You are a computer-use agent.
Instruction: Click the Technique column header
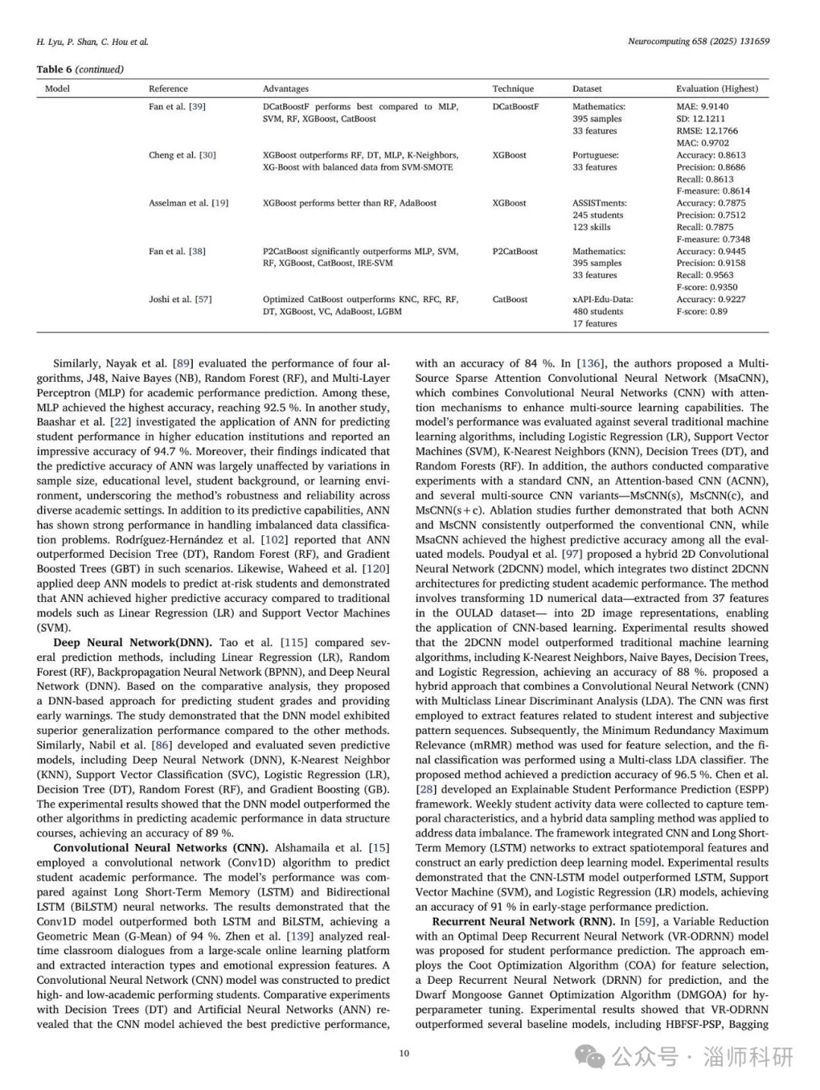pyautogui.click(x=512, y=89)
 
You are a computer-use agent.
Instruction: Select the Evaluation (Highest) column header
pyautogui.click(x=717, y=89)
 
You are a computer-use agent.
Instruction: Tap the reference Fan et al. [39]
pyautogui.click(x=177, y=107)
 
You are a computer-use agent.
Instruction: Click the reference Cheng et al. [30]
pyautogui.click(x=182, y=155)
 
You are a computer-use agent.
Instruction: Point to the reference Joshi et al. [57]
pyautogui.click(x=180, y=299)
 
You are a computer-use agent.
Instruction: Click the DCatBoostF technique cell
pyautogui.click(x=516, y=107)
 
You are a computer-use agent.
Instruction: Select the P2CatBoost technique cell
pyautogui.click(x=515, y=251)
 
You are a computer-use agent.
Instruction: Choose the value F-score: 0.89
pyautogui.click(x=702, y=311)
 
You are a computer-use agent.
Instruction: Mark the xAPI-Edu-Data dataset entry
pyautogui.click(x=603, y=299)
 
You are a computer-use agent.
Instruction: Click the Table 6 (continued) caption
pyautogui.click(x=80, y=69)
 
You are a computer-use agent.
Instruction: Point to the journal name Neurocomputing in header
pyautogui.click(x=658, y=42)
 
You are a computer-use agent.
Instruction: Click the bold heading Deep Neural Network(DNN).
pyautogui.click(x=133, y=643)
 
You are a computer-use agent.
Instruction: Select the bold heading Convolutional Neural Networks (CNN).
pyautogui.click(x=160, y=848)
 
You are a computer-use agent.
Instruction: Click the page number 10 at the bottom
pyautogui.click(x=404, y=1053)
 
